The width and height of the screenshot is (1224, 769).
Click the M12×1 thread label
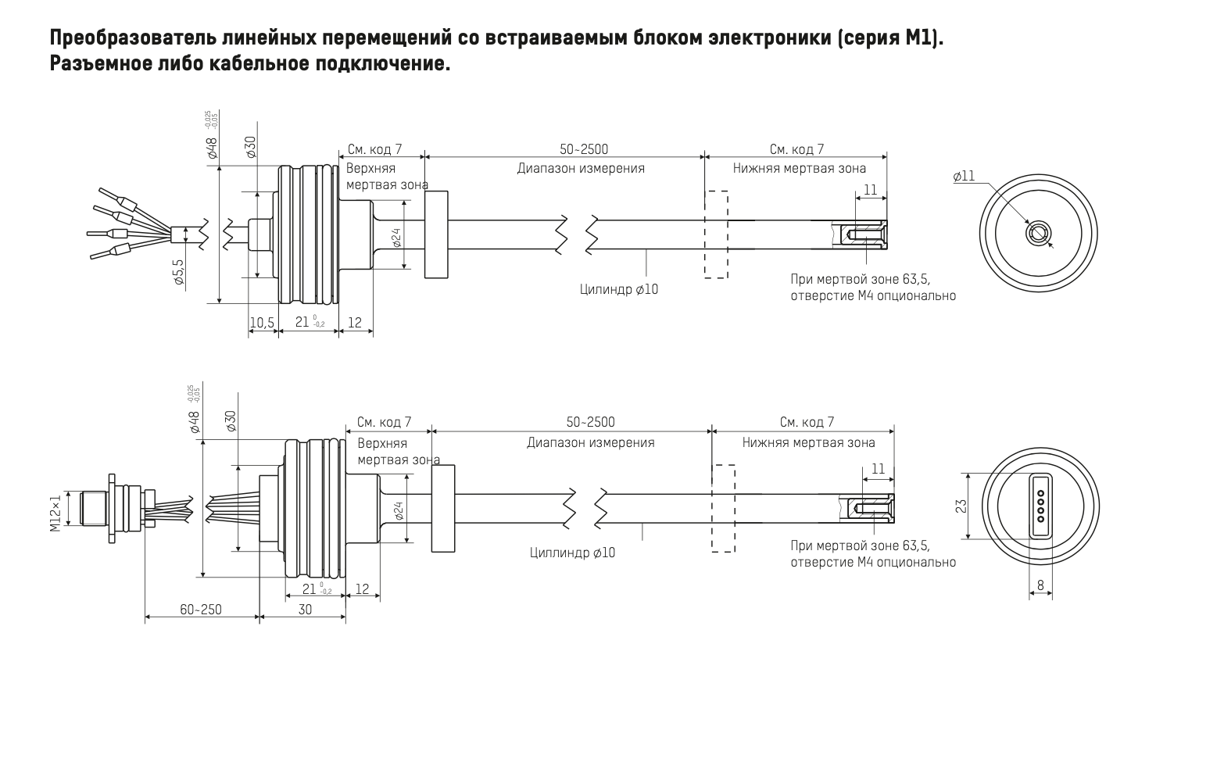55,513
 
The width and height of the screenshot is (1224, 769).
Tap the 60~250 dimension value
201,609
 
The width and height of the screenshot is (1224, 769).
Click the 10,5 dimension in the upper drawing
262,322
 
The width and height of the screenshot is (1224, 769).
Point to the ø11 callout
964,177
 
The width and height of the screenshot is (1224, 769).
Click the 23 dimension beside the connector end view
962,506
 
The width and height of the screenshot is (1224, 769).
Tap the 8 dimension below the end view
1040,585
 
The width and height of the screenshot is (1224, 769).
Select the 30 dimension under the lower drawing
305,609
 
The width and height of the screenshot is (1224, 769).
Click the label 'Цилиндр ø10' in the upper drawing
619,289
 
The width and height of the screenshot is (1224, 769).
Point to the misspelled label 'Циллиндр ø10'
572,553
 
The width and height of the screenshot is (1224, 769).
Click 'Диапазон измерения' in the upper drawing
581,168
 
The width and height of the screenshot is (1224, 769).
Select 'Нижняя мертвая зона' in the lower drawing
809,442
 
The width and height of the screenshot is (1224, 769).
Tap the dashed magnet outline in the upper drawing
716,234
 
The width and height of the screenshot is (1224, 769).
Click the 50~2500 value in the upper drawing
583,149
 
